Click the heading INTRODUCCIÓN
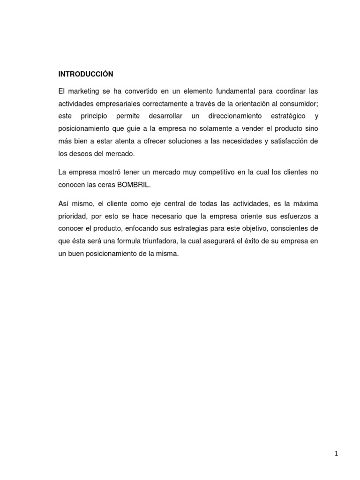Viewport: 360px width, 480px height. (86, 74)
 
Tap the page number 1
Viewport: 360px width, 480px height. (336, 453)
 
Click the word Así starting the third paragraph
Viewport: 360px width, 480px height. (64, 203)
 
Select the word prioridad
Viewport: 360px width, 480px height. (72, 216)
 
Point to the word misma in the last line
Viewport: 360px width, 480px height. (169, 254)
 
